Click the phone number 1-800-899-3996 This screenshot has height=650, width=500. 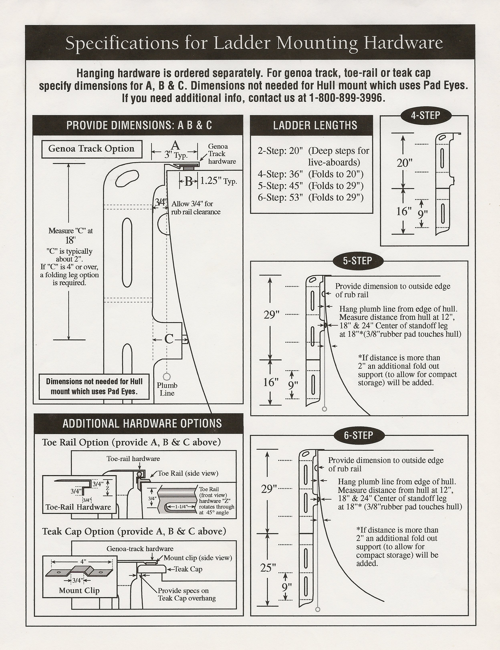pyautogui.click(x=347, y=98)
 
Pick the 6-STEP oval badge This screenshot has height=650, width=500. pyautogui.click(x=358, y=435)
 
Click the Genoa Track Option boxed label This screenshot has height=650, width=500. pyautogui.click(x=91, y=149)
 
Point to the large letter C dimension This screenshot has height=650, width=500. pyautogui.click(x=169, y=339)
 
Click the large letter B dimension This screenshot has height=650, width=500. pyautogui.click(x=188, y=181)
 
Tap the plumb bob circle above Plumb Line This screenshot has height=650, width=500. pyautogui.click(x=167, y=376)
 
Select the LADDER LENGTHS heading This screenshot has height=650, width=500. pyautogui.click(x=315, y=125)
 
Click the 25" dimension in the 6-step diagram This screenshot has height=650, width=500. pyautogui.click(x=268, y=568)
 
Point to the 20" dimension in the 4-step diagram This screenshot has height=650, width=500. pyautogui.click(x=404, y=163)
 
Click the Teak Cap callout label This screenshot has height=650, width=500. pyautogui.click(x=188, y=569)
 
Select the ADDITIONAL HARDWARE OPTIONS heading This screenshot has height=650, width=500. pyautogui.click(x=142, y=423)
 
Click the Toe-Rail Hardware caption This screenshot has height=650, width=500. pyautogui.click(x=78, y=507)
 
